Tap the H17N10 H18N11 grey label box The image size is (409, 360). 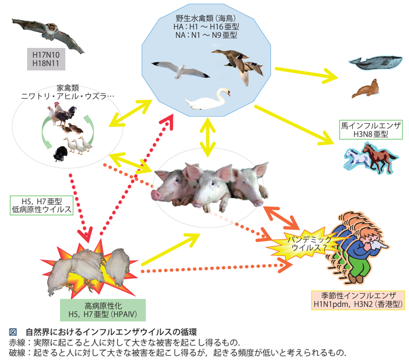pos(46,59)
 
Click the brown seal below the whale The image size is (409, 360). pos(366,88)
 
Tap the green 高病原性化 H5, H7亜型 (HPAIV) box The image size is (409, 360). pos(103,309)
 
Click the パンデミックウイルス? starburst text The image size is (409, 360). pos(300,243)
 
